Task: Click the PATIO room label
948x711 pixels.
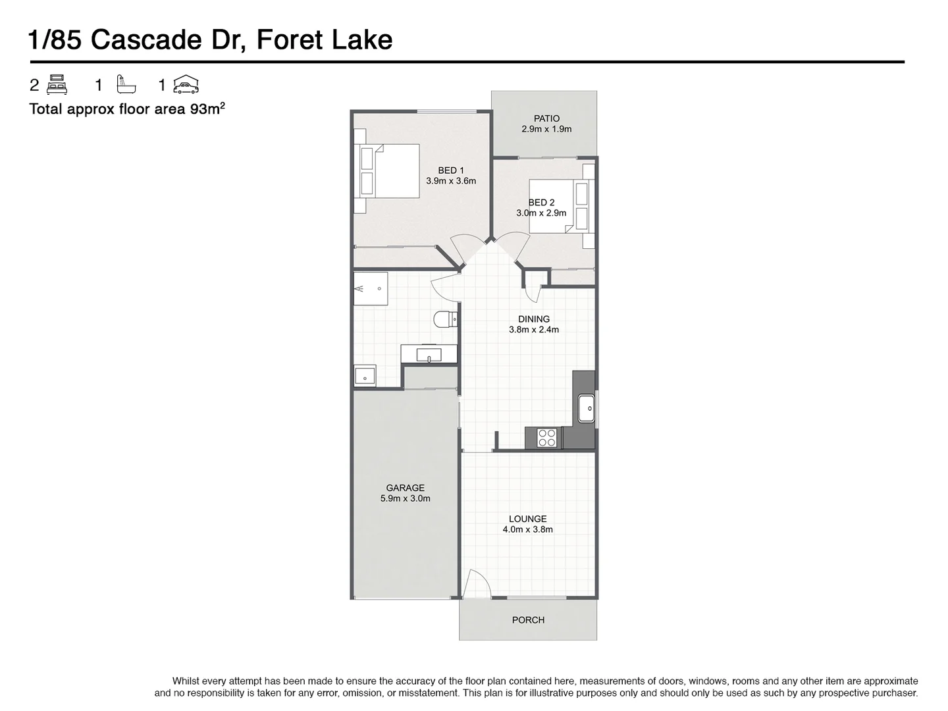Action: [546, 118]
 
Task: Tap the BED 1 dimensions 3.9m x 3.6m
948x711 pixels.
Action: [451, 181]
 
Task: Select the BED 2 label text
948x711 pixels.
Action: [541, 202]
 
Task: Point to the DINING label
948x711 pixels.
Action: [534, 319]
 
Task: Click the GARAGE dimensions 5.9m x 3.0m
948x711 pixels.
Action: [405, 498]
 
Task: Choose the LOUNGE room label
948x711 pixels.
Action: [528, 519]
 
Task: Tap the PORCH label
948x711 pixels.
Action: [528, 620]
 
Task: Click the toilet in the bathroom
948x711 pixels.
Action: [445, 319]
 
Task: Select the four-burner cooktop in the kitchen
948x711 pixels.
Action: [547, 437]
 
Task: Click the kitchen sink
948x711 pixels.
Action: [586, 408]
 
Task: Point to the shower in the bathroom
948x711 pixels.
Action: [371, 288]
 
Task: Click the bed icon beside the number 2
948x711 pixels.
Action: [57, 85]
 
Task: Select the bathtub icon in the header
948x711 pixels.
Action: [126, 84]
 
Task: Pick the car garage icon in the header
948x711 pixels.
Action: [186, 84]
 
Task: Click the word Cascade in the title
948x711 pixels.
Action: [146, 39]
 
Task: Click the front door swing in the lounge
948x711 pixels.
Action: [477, 583]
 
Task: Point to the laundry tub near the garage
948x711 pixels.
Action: [365, 375]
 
